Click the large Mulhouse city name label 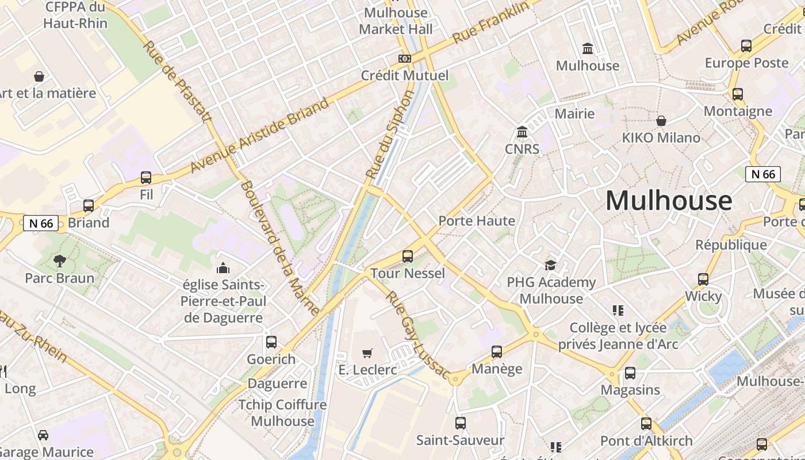[x=669, y=201]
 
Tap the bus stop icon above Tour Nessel [x=408, y=256]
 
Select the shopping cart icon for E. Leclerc [x=367, y=352]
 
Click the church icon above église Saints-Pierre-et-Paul [x=223, y=268]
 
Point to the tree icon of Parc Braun [x=59, y=261]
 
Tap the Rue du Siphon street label [x=390, y=134]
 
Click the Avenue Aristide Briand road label [x=260, y=136]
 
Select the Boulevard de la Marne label [x=280, y=248]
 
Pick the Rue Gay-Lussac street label [x=417, y=335]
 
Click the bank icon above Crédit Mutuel [x=405, y=59]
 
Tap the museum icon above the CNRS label [x=522, y=133]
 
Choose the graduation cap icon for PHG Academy [x=551, y=265]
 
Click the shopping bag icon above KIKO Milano [x=661, y=121]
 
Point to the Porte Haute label [x=477, y=221]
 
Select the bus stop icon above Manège [x=497, y=351]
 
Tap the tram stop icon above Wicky [x=703, y=279]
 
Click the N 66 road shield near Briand [x=41, y=223]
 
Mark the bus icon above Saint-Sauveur [x=461, y=423]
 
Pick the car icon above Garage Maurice [x=43, y=435]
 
